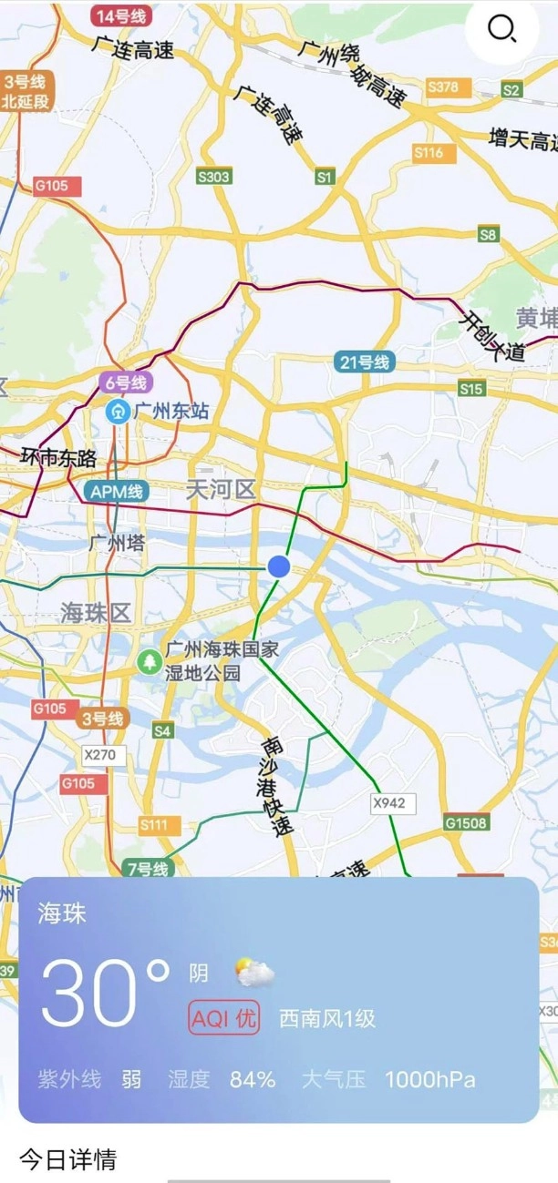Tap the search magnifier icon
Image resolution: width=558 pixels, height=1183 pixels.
click(501, 30)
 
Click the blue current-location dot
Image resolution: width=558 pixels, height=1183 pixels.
click(279, 566)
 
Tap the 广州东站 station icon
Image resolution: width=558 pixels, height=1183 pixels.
click(118, 411)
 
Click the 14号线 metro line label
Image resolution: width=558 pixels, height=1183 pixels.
click(121, 16)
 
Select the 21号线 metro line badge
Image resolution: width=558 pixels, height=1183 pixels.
click(365, 362)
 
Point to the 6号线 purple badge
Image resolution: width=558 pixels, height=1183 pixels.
click(125, 382)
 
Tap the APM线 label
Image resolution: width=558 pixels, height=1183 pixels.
click(117, 492)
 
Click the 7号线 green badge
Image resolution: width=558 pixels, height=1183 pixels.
click(147, 869)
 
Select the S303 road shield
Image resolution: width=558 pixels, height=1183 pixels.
click(213, 177)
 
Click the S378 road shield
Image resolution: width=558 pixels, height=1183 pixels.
click(443, 87)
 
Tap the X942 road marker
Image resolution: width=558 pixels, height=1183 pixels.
click(393, 802)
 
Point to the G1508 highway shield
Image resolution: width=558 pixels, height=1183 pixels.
click(467, 823)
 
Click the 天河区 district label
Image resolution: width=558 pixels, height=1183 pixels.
click(221, 490)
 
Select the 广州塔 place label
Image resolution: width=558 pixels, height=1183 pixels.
click(118, 544)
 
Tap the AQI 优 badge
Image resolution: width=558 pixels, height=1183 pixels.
click(224, 1018)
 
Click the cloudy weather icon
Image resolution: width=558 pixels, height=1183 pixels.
click(254, 973)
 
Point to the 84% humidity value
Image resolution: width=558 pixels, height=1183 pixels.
click(253, 1080)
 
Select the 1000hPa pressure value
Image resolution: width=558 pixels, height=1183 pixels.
click(429, 1080)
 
